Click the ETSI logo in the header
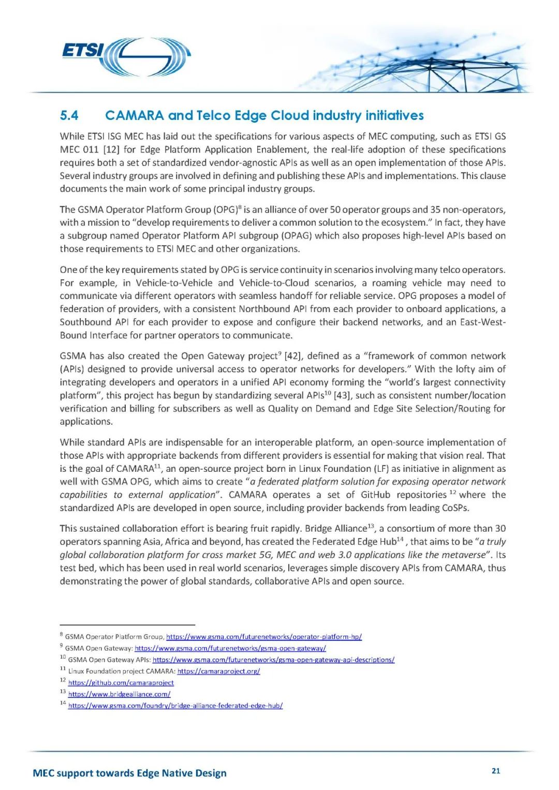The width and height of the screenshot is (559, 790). (126, 56)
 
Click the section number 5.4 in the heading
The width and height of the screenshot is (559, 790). (69, 115)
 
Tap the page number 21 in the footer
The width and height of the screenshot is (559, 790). (496, 771)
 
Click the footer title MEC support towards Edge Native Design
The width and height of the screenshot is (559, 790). (129, 773)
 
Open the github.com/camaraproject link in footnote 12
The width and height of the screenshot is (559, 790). (121, 683)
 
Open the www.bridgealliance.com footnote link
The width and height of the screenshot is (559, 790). (119, 694)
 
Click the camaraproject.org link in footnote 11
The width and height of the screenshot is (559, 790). (218, 672)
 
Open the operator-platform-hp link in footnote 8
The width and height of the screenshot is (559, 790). (263, 637)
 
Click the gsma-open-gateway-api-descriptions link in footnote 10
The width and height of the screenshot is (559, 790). (273, 660)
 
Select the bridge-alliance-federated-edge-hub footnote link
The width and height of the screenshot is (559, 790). (175, 706)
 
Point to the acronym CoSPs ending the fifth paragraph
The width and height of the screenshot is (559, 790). (454, 508)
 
